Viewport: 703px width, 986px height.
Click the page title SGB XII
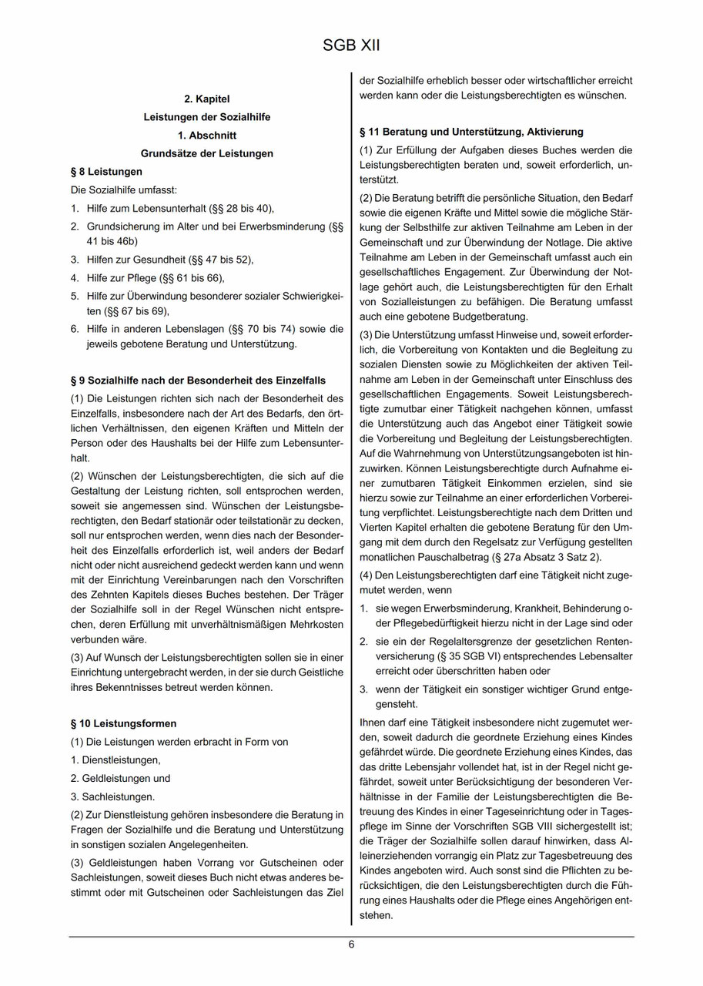tap(351, 47)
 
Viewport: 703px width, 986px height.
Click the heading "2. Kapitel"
tap(206, 99)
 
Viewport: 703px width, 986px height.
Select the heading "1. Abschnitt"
tap(206, 135)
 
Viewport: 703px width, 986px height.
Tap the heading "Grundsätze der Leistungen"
tap(206, 153)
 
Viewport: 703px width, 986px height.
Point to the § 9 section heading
tap(197, 381)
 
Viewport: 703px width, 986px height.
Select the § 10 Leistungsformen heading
tap(123, 723)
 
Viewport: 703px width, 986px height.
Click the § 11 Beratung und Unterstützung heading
tap(471, 132)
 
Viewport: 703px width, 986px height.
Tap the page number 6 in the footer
tap(351, 945)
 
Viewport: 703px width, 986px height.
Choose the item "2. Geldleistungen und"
tap(120, 778)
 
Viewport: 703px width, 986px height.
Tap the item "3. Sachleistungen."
tap(112, 797)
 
